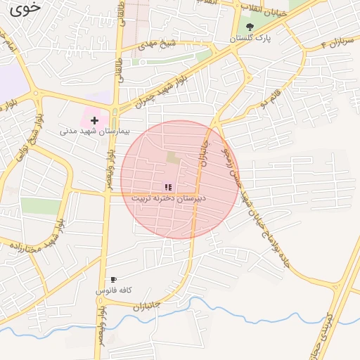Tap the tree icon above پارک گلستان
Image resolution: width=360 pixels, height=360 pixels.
(x=250, y=27)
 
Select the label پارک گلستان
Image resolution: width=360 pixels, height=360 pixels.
(x=252, y=39)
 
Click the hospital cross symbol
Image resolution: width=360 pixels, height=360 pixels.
(x=94, y=121)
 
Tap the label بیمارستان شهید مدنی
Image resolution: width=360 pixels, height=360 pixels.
(x=87, y=131)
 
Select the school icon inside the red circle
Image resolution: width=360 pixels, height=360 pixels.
(x=167, y=187)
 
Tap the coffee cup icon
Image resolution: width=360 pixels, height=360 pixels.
(x=113, y=280)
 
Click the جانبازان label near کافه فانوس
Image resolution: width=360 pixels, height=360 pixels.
(x=147, y=307)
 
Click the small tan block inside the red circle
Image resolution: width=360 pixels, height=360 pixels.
(x=172, y=157)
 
